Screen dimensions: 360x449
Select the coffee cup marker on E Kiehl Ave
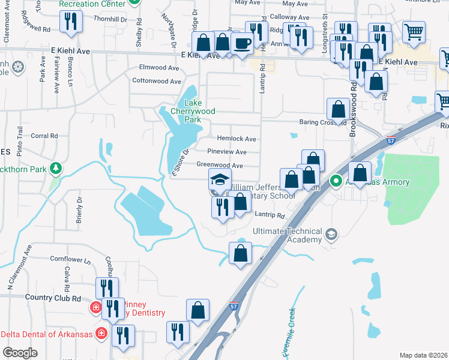tap(243, 44)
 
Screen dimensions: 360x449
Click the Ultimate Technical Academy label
tap(287, 236)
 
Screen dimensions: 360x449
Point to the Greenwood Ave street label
tap(220, 166)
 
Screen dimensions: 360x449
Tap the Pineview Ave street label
tap(226, 152)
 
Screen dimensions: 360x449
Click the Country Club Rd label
tap(53, 298)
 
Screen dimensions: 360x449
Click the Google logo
tap(20, 352)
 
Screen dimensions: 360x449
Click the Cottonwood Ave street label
tap(156, 81)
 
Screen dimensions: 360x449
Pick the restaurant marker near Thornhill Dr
tap(71, 23)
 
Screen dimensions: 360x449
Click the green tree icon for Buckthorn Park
tap(56, 169)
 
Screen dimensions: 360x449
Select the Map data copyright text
tap(423, 355)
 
